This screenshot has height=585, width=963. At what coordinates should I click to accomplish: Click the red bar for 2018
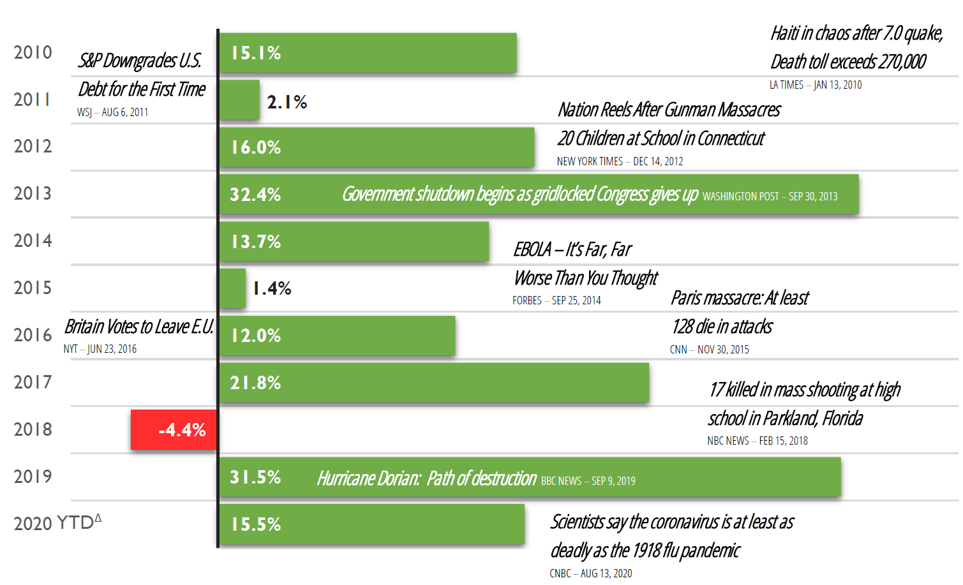pos(174,429)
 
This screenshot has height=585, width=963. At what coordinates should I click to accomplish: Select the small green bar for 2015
pos(232,288)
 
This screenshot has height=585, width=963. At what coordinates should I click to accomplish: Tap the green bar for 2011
pos(239,100)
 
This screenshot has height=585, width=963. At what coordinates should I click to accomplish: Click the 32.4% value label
pos(255,195)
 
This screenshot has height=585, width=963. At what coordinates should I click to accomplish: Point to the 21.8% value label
pos(255,383)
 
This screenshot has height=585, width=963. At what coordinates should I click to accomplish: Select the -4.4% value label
pos(182,430)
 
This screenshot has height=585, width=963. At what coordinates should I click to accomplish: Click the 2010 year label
pos(33,52)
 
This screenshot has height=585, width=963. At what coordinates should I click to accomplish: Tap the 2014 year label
pos(33,241)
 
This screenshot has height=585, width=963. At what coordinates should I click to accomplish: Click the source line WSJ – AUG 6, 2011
pos(113,112)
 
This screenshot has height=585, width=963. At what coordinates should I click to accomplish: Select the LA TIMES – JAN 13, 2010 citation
pos(815,85)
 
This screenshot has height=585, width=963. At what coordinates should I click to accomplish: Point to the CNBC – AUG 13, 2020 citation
pos(590,574)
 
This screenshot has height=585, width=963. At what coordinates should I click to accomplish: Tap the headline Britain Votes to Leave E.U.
pos(138,327)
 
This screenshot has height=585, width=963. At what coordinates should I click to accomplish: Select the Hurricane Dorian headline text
pos(426,478)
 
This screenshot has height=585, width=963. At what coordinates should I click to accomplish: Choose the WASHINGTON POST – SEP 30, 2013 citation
pos(770,196)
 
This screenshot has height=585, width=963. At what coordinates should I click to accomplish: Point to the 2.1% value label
pos(287,102)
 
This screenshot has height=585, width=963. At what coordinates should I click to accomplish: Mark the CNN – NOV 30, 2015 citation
pos(709,350)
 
